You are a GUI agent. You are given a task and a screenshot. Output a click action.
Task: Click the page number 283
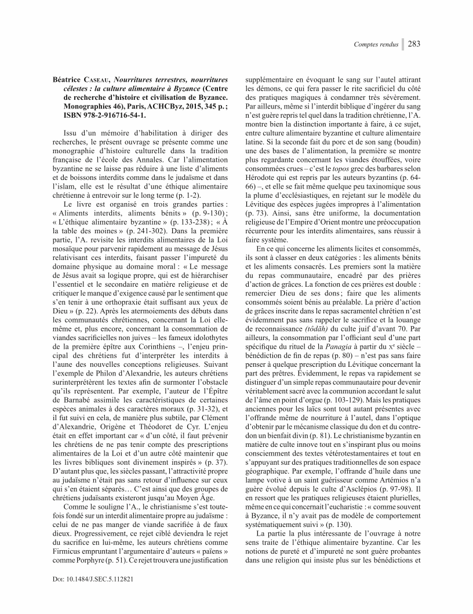(414, 44)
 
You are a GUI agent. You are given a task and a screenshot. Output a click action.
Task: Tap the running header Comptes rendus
(377, 44)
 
